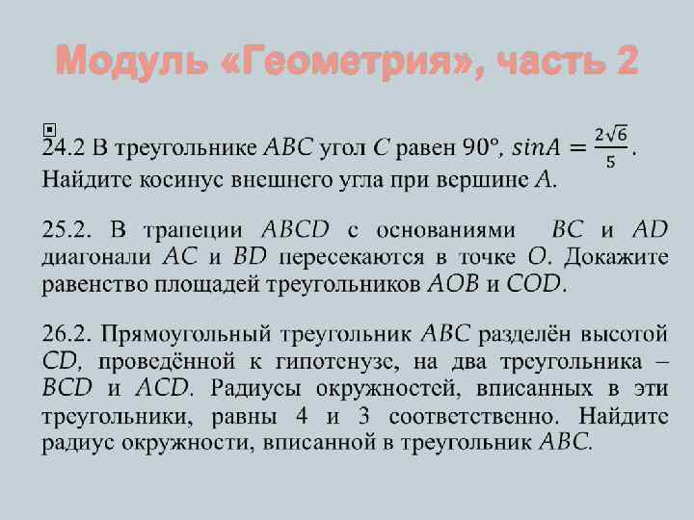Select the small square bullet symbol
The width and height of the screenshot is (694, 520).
pos(50,128)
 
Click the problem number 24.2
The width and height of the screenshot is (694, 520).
pos(64,147)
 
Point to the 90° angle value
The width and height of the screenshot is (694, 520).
pos(481,147)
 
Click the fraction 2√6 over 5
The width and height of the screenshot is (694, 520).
pos(611,146)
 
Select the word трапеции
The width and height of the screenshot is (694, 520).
pos(197,230)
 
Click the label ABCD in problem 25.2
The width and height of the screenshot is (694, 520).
pos(295,230)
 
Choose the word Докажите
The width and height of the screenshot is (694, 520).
pos(616,257)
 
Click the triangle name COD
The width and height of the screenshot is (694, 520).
pos(537,284)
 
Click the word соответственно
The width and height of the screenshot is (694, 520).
pos(467,417)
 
